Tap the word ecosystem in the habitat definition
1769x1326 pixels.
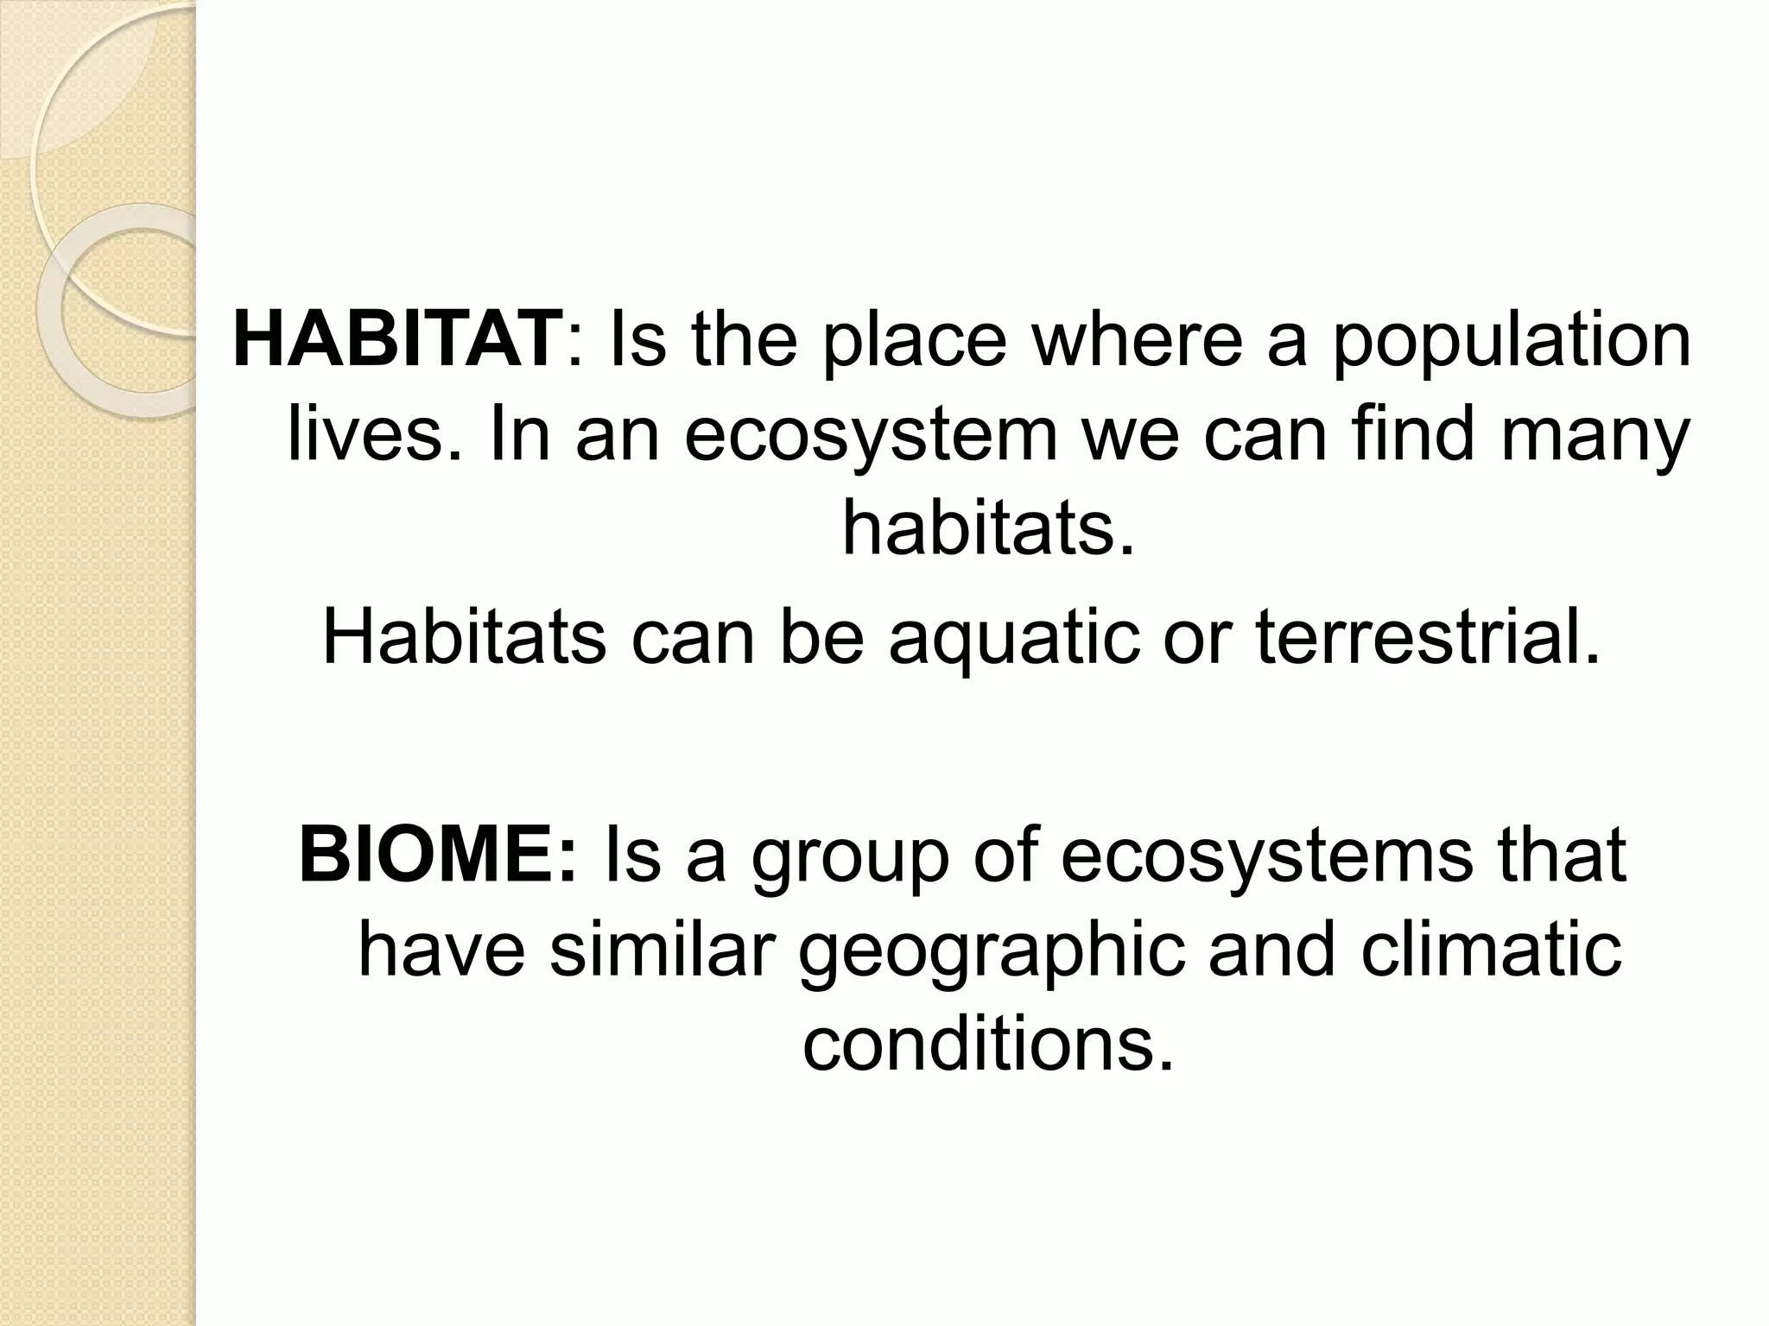[872, 436]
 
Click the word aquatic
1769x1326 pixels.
[1014, 638]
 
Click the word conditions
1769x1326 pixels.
[989, 1045]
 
